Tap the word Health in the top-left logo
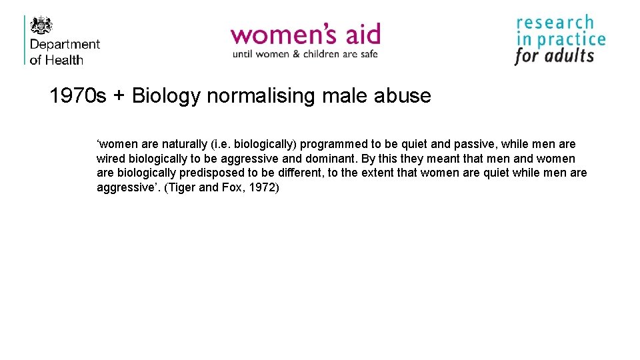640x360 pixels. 65,60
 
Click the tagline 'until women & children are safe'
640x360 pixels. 305,54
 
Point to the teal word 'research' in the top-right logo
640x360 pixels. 555,23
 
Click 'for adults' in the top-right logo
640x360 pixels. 554,56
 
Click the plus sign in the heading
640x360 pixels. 119,97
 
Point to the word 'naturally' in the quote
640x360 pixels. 185,144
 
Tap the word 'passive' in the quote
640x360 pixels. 473,144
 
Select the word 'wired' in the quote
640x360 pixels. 111,159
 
